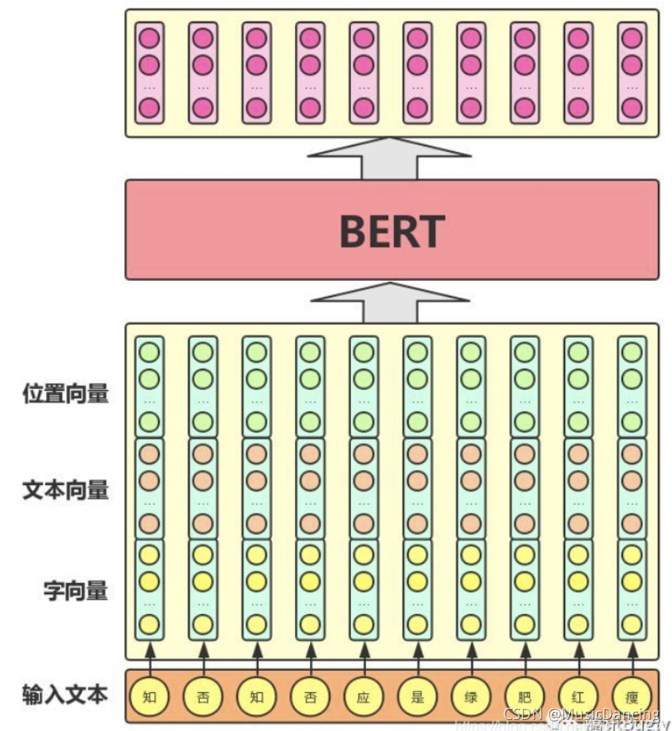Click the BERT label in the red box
pyautogui.click(x=391, y=230)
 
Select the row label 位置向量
pyautogui.click(x=66, y=393)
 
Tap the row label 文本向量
pyautogui.click(x=66, y=490)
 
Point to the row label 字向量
pyautogui.click(x=76, y=590)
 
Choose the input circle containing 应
pyautogui.click(x=364, y=698)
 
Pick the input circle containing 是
pyautogui.click(x=417, y=698)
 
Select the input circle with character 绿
pyautogui.click(x=471, y=698)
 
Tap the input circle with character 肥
pyautogui.click(x=525, y=698)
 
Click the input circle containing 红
pyautogui.click(x=579, y=698)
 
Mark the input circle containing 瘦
pyautogui.click(x=632, y=698)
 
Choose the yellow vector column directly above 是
pyautogui.click(x=417, y=589)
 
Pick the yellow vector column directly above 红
pyautogui.click(x=579, y=589)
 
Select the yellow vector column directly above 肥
pyautogui.click(x=525, y=589)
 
